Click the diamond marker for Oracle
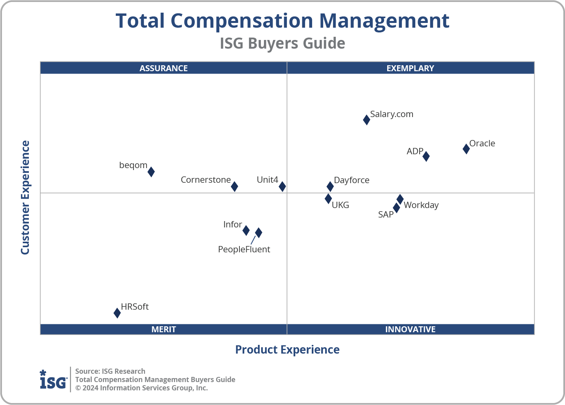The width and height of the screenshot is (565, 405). point(466,149)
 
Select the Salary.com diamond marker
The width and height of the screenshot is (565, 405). point(367,119)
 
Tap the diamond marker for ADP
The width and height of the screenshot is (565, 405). point(426,156)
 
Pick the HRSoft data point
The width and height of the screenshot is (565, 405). point(117,313)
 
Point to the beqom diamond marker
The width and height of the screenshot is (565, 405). point(151,172)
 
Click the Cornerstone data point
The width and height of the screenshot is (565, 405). point(234,186)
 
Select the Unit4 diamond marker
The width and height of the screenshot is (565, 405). point(282,186)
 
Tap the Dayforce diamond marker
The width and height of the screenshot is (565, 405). point(330,186)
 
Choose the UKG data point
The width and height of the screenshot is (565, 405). point(328,199)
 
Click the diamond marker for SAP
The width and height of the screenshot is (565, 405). point(396,208)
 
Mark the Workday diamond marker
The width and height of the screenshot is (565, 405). point(400,199)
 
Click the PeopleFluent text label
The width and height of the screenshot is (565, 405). point(244,250)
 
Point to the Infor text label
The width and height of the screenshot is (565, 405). point(232,225)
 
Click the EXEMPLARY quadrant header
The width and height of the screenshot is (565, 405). point(410,68)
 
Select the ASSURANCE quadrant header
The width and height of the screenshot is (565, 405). point(164,68)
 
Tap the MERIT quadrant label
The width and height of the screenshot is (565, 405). point(164,329)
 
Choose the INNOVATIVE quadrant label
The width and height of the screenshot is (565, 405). point(410,329)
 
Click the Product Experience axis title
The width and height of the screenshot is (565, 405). point(287,350)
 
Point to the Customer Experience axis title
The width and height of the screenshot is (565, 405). point(25,198)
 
